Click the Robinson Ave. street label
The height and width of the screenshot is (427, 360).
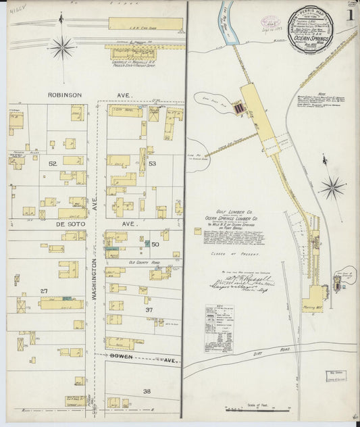click(65, 95)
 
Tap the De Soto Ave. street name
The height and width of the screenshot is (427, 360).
click(65, 222)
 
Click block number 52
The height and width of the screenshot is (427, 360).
click(52, 164)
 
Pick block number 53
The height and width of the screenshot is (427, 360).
click(153, 164)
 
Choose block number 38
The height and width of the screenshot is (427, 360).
click(147, 391)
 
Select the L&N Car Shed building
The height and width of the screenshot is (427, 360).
click(145, 24)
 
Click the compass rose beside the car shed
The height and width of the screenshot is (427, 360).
click(63, 47)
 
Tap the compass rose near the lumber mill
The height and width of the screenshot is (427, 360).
click(332, 187)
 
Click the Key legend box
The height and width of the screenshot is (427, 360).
click(219, 328)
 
